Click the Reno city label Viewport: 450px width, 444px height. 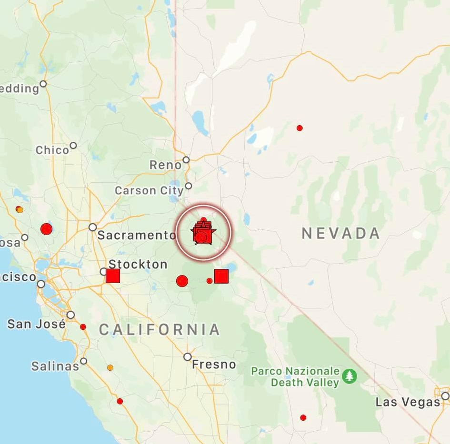click(165, 165)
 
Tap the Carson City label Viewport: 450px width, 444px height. click(149, 191)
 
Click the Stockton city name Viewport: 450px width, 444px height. click(138, 264)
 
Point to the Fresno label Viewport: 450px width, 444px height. click(214, 365)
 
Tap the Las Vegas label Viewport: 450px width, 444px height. click(408, 402)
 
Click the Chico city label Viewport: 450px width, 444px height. click(52, 150)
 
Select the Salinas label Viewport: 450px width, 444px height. click(55, 366)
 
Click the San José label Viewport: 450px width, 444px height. click(36, 325)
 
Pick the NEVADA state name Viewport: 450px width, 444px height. click(341, 233)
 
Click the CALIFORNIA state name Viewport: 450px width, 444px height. click(160, 329)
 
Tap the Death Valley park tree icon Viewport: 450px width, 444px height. click(350, 376)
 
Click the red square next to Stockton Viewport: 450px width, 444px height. click(113, 276)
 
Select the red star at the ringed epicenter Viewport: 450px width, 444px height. click(203, 232)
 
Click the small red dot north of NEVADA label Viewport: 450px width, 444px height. click(300, 128)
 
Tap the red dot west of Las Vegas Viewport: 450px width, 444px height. click(303, 417)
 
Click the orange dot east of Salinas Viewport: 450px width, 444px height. click(110, 367)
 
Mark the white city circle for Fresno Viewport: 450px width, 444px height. click(188, 356)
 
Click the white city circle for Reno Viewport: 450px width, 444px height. click(186, 160)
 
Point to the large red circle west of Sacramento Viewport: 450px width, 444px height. click(46, 229)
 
